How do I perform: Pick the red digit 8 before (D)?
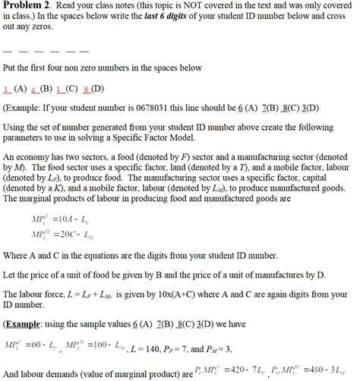click(92, 87)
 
